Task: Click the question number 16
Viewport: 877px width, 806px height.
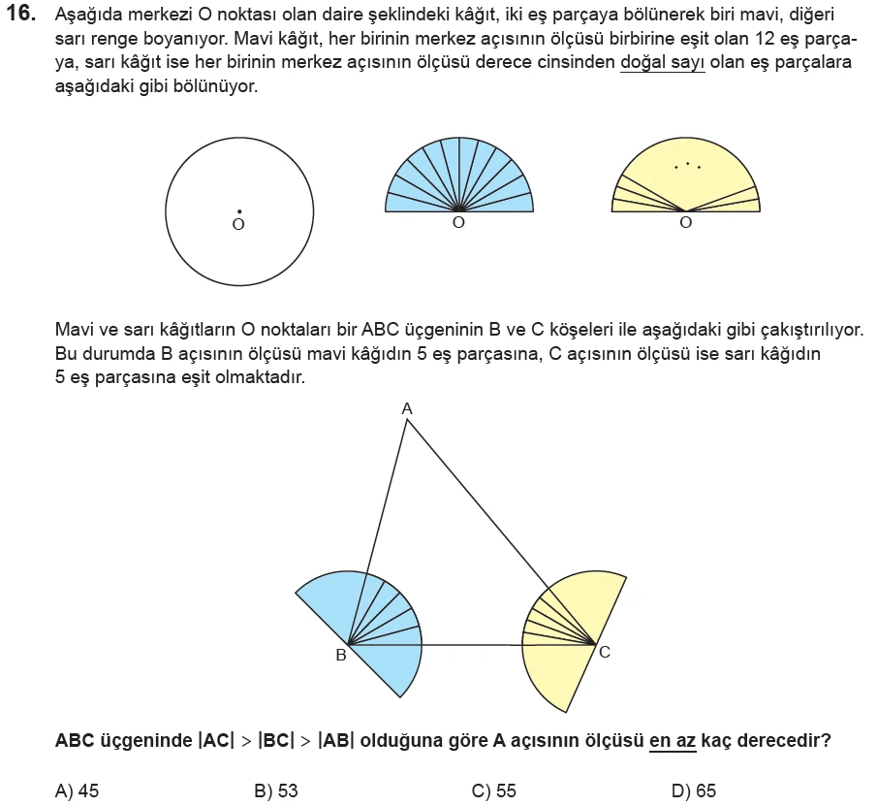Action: (20, 16)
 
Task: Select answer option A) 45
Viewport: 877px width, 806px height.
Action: (78, 790)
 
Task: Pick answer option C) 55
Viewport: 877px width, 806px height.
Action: (494, 790)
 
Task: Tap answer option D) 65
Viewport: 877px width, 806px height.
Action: (694, 790)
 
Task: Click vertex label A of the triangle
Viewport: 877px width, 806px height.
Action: (407, 409)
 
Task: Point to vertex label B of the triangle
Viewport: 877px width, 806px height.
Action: (340, 656)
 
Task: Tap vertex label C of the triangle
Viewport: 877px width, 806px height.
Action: (605, 652)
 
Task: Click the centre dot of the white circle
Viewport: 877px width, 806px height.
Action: (238, 210)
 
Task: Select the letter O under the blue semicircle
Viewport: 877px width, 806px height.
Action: (458, 223)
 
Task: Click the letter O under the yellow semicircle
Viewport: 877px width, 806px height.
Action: (686, 223)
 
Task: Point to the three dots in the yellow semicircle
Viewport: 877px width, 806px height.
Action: (687, 166)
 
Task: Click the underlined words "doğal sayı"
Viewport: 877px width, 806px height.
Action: (662, 64)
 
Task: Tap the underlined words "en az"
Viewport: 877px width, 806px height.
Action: (673, 740)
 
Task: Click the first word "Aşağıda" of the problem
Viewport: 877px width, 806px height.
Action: (85, 17)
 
